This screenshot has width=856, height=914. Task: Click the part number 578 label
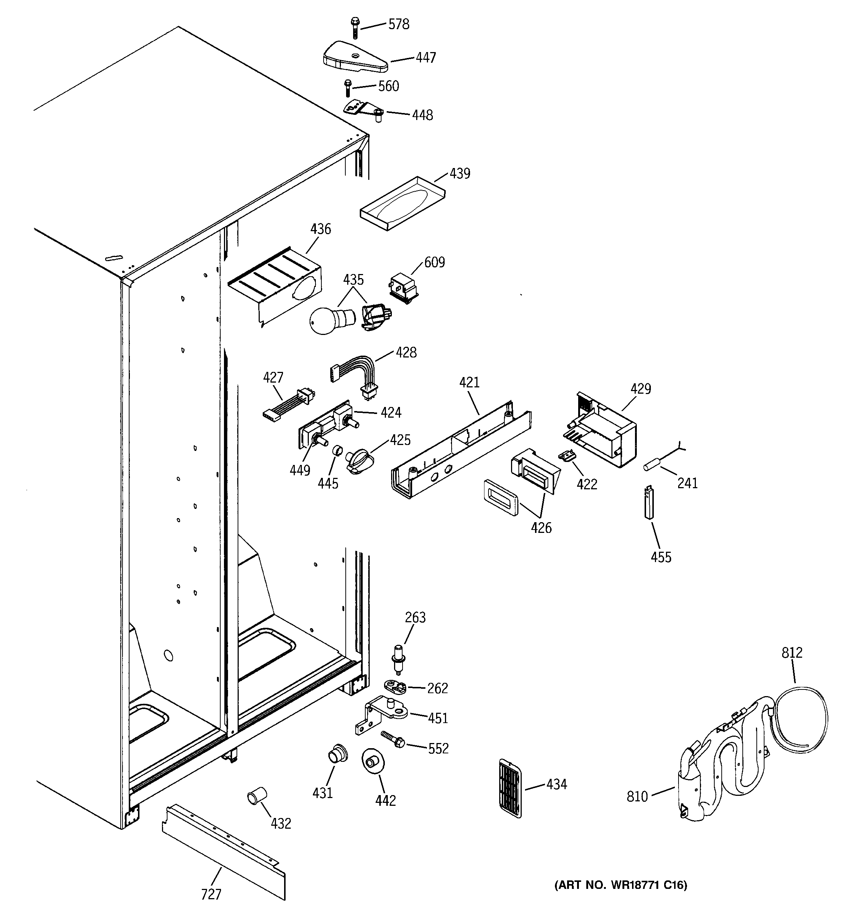tap(398, 24)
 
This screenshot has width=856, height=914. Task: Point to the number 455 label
tap(661, 557)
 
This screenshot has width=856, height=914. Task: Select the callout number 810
tap(637, 796)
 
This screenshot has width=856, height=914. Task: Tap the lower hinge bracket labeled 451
tap(384, 713)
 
